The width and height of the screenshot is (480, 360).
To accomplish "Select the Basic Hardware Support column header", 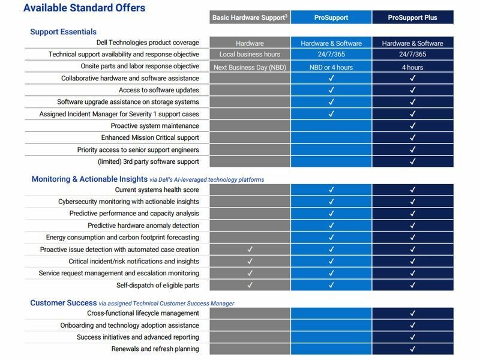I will [250, 17].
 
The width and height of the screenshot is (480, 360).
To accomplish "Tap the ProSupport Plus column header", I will [412, 17].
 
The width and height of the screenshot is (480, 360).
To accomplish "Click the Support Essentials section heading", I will [63, 31].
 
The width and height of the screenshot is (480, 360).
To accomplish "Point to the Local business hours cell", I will [250, 55].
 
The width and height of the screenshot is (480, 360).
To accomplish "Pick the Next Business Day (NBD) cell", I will [250, 67].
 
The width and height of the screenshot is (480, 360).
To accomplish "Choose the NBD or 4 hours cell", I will [331, 67].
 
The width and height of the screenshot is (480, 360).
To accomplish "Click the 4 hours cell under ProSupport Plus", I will [412, 67].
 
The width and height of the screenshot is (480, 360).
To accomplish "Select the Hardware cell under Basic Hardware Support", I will [250, 43].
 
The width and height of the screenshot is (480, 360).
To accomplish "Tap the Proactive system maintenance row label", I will [155, 126].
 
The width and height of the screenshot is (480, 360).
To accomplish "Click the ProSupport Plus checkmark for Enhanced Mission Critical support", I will [412, 138].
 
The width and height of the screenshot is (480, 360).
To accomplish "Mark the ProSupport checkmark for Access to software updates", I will [331, 90].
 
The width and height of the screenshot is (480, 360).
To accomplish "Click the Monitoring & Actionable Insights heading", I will [89, 179].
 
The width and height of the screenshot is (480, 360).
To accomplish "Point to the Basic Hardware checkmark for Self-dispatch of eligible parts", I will [250, 285].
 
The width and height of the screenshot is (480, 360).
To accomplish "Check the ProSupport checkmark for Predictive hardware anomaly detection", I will [331, 226].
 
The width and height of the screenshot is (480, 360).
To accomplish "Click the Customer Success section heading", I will [63, 303].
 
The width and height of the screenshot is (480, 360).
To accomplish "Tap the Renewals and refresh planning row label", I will [155, 349].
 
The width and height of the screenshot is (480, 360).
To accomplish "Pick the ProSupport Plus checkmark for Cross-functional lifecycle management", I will [412, 313].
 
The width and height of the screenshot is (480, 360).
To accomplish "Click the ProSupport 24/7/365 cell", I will [331, 55].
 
